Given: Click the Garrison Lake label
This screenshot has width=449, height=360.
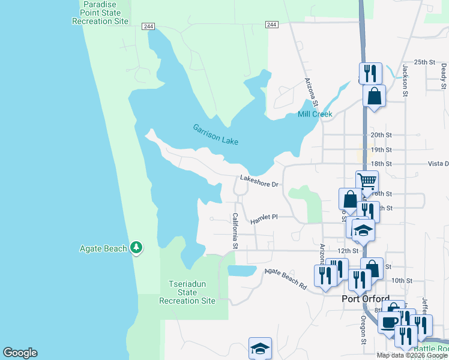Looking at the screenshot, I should (x=215, y=134).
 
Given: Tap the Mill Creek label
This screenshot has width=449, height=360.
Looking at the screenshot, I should (x=315, y=114).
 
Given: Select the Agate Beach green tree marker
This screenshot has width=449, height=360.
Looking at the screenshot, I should (x=137, y=247).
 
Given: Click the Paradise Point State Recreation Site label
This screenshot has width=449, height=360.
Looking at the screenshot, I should (x=100, y=13).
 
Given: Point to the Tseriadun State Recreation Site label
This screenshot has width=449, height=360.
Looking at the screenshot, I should (x=188, y=292).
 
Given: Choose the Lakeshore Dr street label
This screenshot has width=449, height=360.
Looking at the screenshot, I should (x=260, y=180).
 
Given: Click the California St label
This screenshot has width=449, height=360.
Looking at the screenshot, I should (x=235, y=231).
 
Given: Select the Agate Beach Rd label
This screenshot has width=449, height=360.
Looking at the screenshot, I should (x=286, y=279).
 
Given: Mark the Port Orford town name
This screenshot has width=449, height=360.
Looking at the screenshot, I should (x=366, y=299).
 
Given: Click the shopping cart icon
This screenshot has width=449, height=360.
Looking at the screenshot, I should (x=367, y=180).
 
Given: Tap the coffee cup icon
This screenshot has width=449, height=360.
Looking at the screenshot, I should (x=389, y=322).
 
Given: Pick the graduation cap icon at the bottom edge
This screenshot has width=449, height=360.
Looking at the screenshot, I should (x=260, y=349).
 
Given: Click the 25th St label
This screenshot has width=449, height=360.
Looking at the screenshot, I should (x=424, y=62).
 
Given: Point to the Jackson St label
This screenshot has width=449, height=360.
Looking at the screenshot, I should (x=405, y=82).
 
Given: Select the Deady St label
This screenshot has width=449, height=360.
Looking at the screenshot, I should (x=443, y=76).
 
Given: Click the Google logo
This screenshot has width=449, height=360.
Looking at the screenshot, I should (x=20, y=353).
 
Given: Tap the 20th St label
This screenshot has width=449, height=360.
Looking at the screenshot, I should (x=381, y=136).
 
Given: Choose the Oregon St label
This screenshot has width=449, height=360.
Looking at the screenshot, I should (x=364, y=331).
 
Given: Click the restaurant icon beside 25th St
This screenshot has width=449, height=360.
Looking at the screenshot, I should (x=371, y=73).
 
